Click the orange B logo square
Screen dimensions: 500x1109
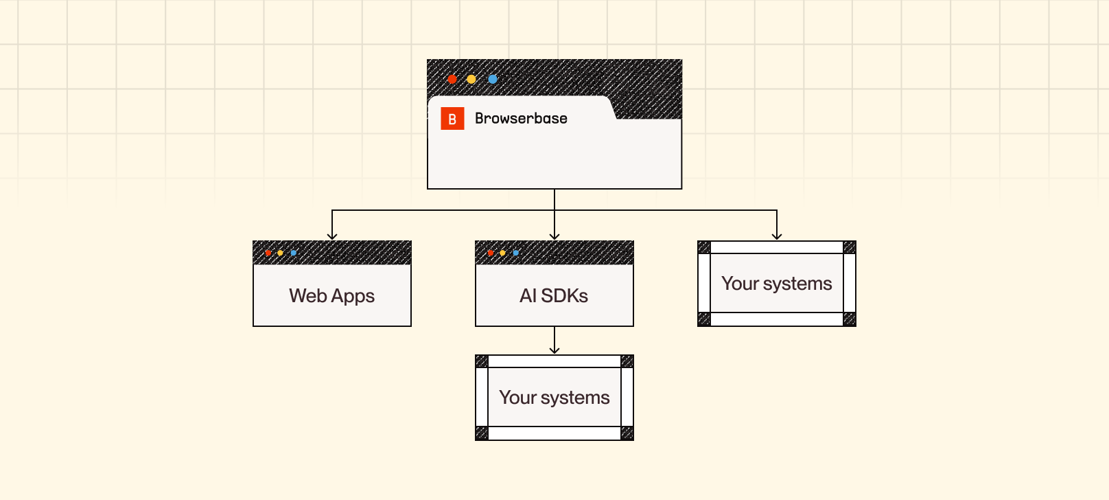452,119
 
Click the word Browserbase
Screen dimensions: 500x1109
521,118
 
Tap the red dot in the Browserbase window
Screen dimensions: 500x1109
452,79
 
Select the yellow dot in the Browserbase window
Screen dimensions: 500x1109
471,79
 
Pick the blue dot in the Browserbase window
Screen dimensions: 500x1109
493,79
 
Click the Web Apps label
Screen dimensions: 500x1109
332,296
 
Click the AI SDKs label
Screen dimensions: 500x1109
554,296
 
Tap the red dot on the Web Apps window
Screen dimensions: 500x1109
268,253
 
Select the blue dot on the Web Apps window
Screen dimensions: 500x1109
294,253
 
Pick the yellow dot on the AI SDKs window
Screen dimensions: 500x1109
503,253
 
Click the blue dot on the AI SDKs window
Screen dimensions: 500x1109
516,253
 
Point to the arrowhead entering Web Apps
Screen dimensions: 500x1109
332,236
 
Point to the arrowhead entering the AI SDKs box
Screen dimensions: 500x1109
554,236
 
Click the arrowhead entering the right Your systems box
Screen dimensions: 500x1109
777,236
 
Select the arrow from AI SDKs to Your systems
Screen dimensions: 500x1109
554,340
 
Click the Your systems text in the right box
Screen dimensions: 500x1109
776,284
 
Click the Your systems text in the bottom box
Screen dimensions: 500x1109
554,398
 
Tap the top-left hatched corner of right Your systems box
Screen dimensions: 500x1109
704,247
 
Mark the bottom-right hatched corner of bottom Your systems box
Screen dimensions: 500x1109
627,433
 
